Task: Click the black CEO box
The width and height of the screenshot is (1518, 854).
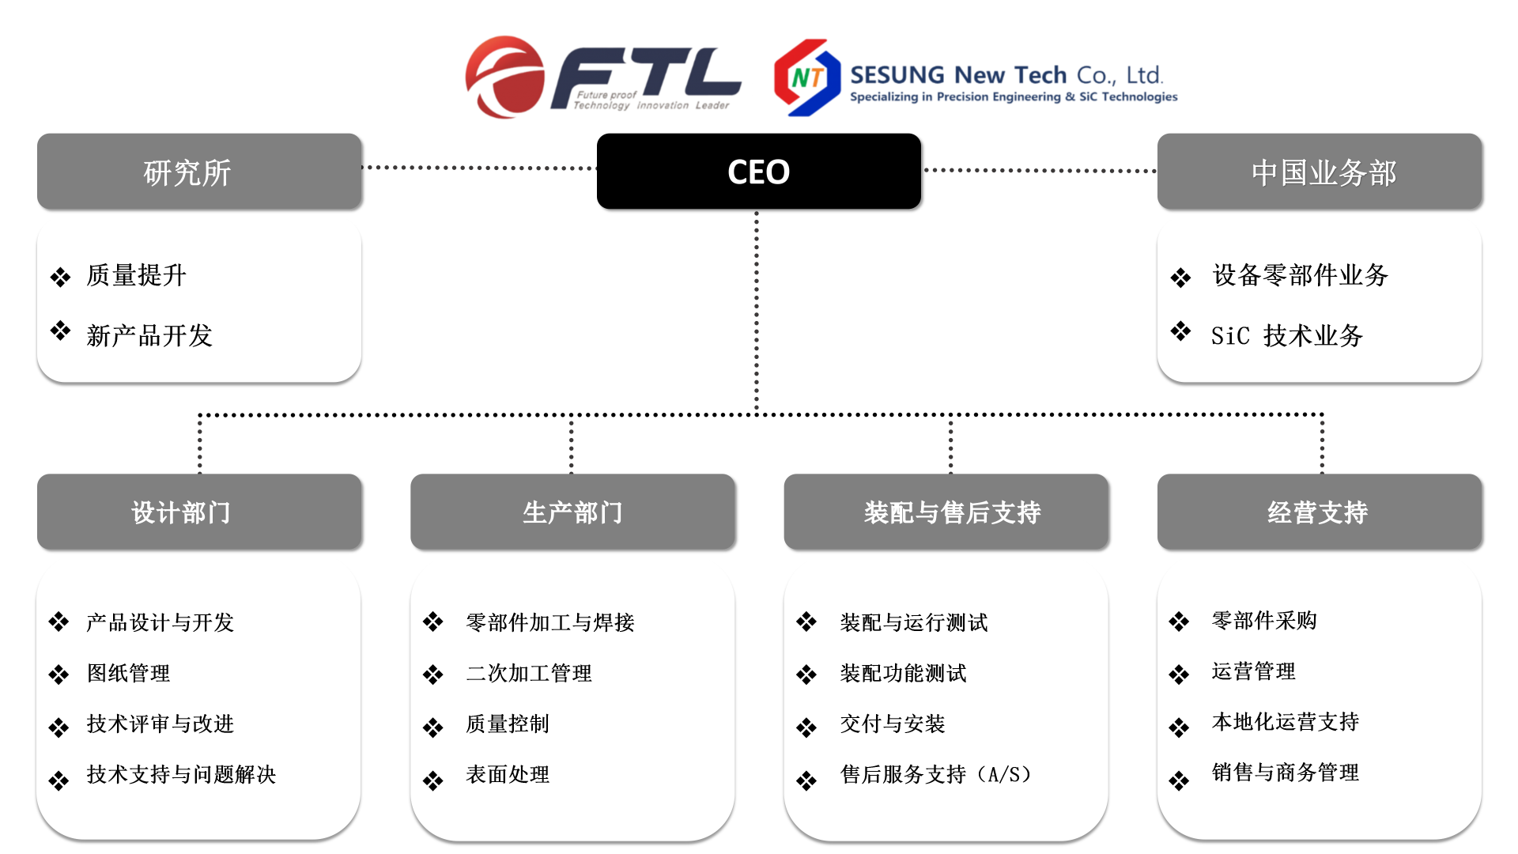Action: (758, 172)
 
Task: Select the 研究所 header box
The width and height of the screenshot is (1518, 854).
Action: (199, 172)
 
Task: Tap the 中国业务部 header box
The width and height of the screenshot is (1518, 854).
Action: (1319, 172)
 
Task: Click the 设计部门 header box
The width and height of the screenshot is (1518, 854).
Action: (199, 512)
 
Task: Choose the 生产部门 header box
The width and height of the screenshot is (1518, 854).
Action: (572, 512)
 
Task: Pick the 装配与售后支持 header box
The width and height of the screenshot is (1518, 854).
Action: (946, 512)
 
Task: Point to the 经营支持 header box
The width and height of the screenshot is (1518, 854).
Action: (1319, 512)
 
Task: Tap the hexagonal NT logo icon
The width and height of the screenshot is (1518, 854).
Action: (806, 77)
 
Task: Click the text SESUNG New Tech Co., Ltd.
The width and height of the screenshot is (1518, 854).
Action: (1006, 75)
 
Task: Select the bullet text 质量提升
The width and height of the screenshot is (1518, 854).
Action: (136, 275)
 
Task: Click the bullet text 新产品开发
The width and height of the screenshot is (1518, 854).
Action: (149, 335)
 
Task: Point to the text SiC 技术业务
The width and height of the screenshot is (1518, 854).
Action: (1286, 335)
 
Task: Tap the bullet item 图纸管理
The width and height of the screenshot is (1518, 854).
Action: (128, 673)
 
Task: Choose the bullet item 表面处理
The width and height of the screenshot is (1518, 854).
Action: (508, 774)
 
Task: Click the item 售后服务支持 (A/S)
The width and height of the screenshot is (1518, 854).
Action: (935, 774)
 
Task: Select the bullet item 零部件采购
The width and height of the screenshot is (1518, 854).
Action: (1264, 621)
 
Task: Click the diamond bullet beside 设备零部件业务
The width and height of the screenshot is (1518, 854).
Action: (1180, 278)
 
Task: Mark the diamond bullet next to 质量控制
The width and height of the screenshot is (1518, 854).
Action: (432, 727)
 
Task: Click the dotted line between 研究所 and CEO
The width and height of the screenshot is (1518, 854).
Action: (479, 168)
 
